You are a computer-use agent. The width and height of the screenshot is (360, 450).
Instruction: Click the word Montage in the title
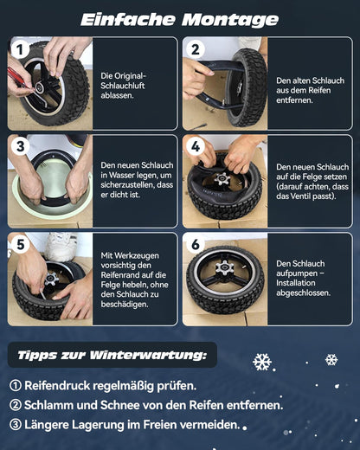coord(230,21)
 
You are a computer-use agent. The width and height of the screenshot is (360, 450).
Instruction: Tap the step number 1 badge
coord(20,49)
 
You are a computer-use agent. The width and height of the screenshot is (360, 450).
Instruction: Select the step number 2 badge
coord(196,49)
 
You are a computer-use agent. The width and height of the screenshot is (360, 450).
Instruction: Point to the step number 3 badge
coord(20,146)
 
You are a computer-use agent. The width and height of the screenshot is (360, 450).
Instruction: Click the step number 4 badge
coord(196,146)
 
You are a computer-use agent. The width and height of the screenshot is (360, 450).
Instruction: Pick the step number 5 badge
coord(20,245)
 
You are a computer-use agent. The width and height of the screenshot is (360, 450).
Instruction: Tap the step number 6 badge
coord(196,245)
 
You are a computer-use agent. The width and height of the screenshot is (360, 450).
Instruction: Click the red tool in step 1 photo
coord(18,78)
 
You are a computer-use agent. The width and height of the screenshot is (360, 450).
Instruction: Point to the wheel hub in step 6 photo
coord(225,267)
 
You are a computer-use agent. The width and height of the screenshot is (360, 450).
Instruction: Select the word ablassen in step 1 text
coord(117,95)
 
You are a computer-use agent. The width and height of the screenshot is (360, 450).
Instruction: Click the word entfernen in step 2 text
coord(294,100)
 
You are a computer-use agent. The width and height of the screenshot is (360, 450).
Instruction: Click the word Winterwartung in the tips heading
coord(148,355)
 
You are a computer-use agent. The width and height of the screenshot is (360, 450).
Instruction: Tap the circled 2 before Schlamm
coord(16,405)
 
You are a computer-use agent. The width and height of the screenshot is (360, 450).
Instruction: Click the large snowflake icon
coord(262,362)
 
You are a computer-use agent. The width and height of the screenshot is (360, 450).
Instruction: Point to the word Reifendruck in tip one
coord(57,386)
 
